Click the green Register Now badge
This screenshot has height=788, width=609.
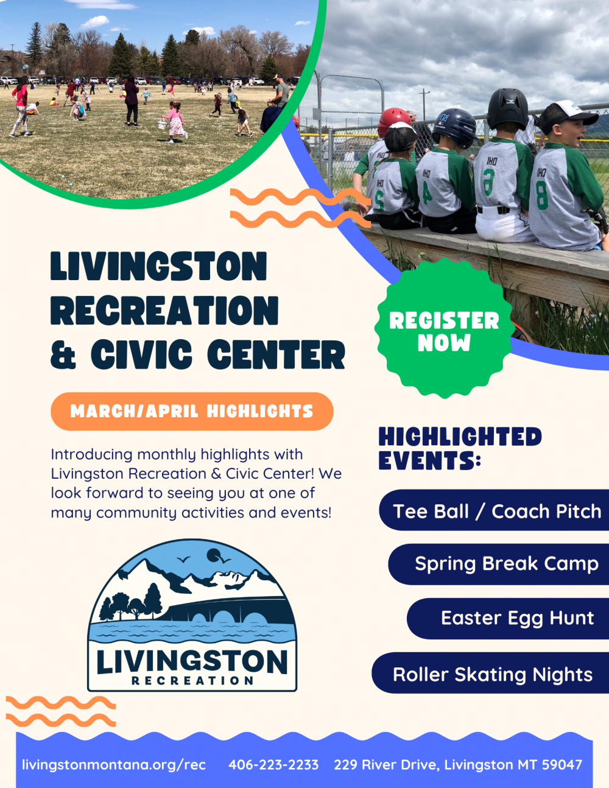pos(445,329)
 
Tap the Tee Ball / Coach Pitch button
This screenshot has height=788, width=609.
pos(494,510)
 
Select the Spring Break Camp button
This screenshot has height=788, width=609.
pos(498,565)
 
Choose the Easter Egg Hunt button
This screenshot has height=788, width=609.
pos(508,619)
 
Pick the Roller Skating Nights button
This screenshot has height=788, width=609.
pos(490,673)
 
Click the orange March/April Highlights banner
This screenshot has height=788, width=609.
pos(192,411)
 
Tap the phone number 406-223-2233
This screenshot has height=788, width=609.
pos(273,765)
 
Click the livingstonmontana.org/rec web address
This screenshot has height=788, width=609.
pos(114,765)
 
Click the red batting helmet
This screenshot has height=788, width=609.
pos(393,121)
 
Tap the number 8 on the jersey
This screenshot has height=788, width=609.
pos(542,196)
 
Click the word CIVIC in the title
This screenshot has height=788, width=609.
pos(141,354)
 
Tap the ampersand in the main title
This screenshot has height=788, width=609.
pos(63,354)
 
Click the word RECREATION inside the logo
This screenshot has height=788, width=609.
pos(192,681)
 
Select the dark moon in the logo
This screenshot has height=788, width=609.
pos(214,555)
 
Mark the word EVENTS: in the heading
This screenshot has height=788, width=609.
pos(429,460)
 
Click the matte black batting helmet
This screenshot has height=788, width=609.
pos(507,109)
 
